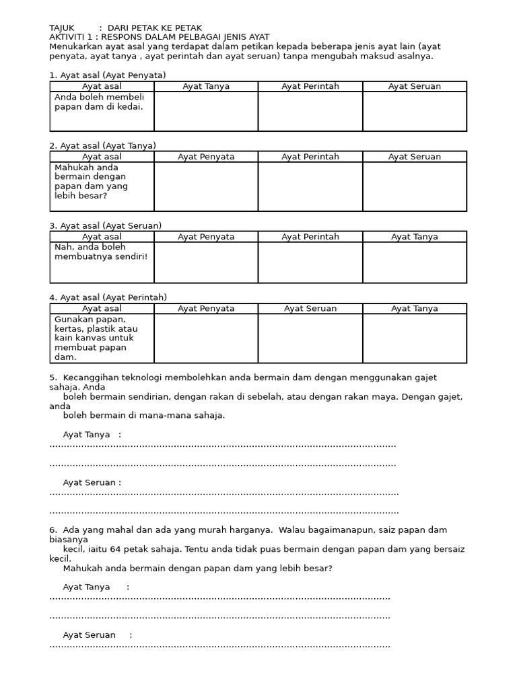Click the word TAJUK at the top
(x=62, y=28)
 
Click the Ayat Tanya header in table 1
(x=206, y=86)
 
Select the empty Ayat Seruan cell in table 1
(x=415, y=111)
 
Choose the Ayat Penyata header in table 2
(x=206, y=157)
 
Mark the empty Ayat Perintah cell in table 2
(x=310, y=186)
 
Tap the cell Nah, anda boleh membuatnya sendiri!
(x=101, y=252)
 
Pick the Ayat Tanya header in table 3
(x=415, y=237)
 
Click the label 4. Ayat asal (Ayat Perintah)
(x=108, y=297)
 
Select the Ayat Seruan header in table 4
(x=310, y=309)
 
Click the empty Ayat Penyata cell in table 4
(x=206, y=338)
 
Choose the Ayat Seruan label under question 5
(x=92, y=483)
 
